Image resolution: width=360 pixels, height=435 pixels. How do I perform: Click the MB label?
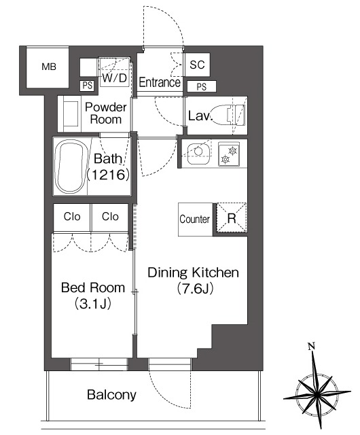pos(49,67)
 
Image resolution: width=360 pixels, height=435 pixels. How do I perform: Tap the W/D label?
pos(115,78)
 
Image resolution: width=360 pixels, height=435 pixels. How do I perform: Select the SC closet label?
pos(197,65)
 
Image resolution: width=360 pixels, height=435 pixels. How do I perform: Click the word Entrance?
pos(160,82)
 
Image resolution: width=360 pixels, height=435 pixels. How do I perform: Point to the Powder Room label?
pos(106,114)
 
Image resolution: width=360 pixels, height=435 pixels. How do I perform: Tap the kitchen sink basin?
pos(198,154)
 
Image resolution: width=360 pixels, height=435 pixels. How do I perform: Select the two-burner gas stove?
pos(229,154)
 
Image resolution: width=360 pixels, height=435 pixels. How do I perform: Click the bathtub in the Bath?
pos(72,167)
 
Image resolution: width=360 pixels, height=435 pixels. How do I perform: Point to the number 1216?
pos(108,175)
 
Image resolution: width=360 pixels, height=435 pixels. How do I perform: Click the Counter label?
pos(194,219)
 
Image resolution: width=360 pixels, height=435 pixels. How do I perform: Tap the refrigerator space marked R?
pos(232,218)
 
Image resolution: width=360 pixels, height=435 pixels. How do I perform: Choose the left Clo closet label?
pos(72,216)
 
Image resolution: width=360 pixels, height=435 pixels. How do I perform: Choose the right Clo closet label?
pos(110,216)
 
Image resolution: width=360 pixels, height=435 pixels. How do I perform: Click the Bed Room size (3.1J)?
pos(93,304)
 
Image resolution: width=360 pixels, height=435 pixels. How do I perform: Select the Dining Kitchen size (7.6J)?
pos(195,288)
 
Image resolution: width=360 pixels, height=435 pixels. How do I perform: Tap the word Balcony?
pos(111,395)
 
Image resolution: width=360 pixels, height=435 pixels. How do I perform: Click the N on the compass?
pos(312,346)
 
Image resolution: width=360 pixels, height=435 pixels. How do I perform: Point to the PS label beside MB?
pos(88,86)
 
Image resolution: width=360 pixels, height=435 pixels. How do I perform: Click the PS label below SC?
pos(202,87)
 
